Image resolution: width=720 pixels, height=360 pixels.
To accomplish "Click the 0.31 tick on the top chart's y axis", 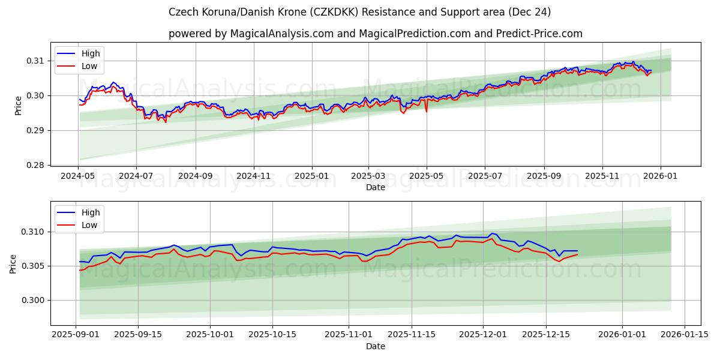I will [35, 61].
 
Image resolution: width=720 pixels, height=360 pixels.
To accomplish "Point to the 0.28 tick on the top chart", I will [35, 165].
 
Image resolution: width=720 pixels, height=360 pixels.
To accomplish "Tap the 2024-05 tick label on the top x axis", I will [78, 176].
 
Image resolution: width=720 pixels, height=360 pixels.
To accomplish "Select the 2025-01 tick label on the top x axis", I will [312, 176].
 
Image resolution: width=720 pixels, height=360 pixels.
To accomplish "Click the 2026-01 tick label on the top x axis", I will [661, 176].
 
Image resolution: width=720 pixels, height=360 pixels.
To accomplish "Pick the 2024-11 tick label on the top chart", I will [253, 176].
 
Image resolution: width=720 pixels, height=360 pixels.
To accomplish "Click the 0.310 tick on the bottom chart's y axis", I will [33, 232].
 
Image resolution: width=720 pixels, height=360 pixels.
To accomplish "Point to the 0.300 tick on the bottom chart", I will [33, 300].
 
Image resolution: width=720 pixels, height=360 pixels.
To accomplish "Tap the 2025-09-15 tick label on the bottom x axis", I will [138, 335].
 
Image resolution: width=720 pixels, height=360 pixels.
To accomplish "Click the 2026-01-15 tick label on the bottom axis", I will [684, 335].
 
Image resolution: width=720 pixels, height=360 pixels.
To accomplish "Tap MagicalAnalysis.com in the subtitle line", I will [282, 34].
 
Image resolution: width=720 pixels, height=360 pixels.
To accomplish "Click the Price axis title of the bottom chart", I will [13, 264].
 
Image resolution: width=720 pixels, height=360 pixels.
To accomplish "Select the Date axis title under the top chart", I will [376, 187].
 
